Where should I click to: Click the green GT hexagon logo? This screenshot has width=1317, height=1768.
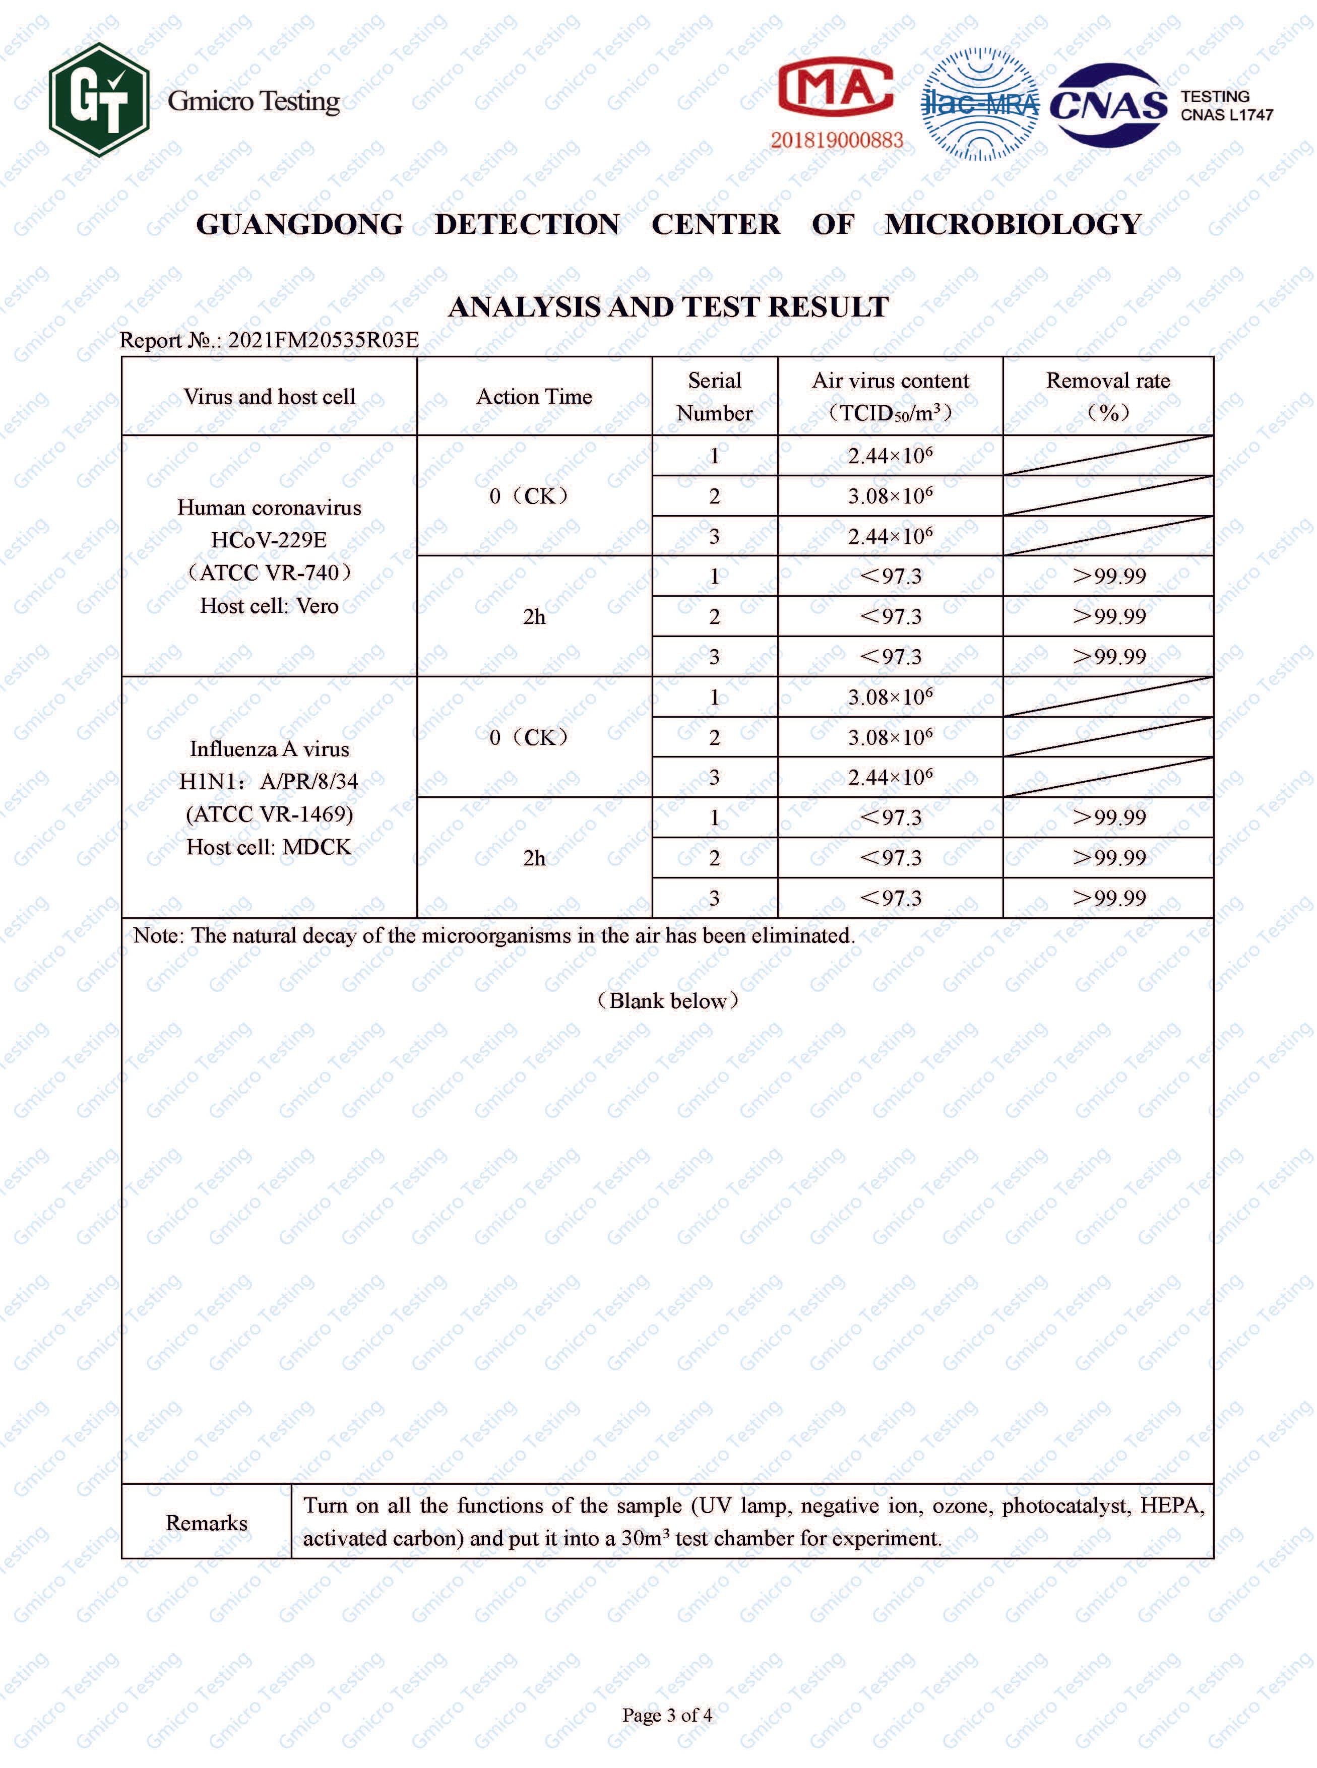point(99,100)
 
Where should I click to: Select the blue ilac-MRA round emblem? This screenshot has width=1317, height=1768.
point(980,104)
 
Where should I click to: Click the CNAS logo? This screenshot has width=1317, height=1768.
point(1109,105)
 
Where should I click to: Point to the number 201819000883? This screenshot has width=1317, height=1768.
point(836,140)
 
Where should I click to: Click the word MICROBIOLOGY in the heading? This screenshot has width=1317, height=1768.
point(1013,225)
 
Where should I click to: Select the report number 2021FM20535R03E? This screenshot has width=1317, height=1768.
point(323,340)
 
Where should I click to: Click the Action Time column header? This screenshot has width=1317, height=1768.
point(534,396)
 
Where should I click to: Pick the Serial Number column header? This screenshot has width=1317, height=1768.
point(714,396)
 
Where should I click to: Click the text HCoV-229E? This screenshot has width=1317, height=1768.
point(269,540)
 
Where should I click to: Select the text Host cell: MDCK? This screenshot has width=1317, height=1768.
point(269,847)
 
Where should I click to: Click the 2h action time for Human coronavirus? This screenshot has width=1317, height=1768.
point(534,616)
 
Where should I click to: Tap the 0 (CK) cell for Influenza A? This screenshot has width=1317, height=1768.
point(529,737)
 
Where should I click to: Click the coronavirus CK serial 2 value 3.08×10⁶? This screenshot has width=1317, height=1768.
point(890,496)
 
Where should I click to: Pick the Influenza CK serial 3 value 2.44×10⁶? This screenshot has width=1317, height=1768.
point(890,777)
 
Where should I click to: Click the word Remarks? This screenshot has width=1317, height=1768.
point(207,1523)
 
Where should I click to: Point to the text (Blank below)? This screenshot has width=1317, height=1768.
point(668,1001)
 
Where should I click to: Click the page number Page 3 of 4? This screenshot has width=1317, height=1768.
point(667,1715)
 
